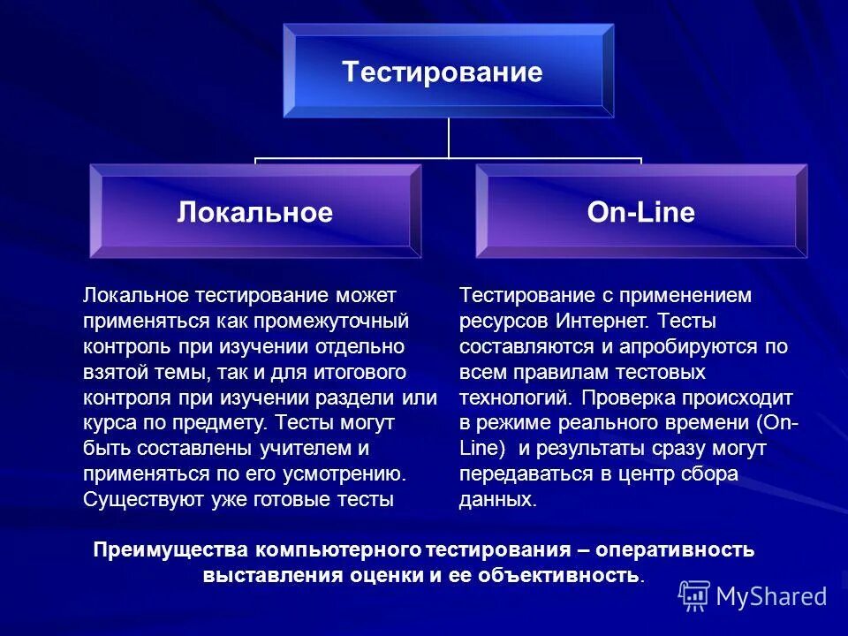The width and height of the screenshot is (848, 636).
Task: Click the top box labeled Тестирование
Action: (x=448, y=71)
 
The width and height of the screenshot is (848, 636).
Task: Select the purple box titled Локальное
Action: (x=255, y=212)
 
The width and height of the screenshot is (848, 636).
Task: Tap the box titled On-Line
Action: (x=641, y=212)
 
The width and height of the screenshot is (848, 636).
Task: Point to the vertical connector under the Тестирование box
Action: (x=449, y=138)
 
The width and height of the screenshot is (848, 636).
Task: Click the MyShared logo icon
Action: (x=694, y=595)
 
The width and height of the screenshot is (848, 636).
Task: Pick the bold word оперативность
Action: (x=675, y=550)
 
